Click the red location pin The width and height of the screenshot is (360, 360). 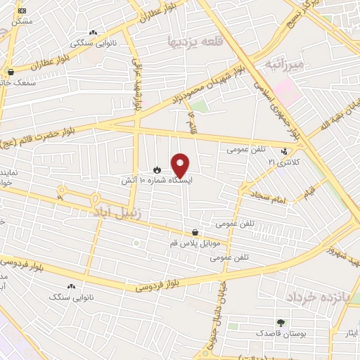coord(181,165)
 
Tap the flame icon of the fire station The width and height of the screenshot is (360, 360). coord(157,169)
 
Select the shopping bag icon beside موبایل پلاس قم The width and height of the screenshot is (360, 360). coord(195,232)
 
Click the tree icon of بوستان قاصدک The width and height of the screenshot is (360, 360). coord(281,322)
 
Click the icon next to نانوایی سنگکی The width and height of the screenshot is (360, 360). coord(93,32)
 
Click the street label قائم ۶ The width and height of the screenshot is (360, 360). coord(191,121)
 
